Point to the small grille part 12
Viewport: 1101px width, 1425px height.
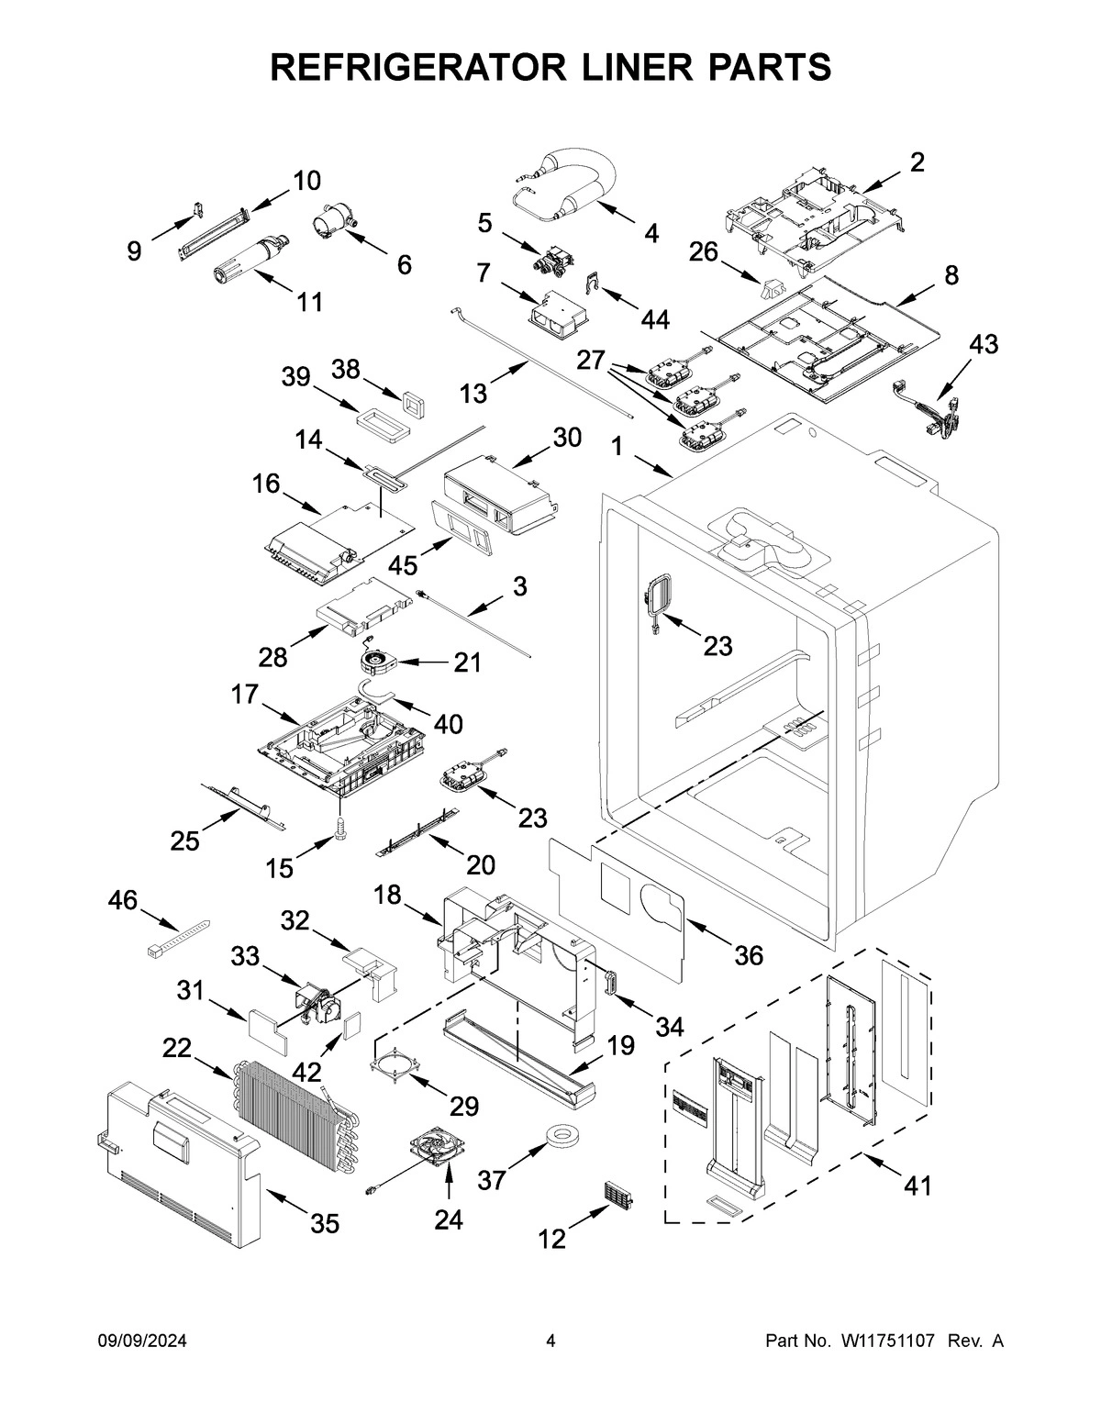(620, 1197)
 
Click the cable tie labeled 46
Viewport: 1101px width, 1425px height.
(177, 939)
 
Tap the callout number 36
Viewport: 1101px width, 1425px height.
(748, 955)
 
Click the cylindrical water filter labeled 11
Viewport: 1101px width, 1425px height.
(250, 255)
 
